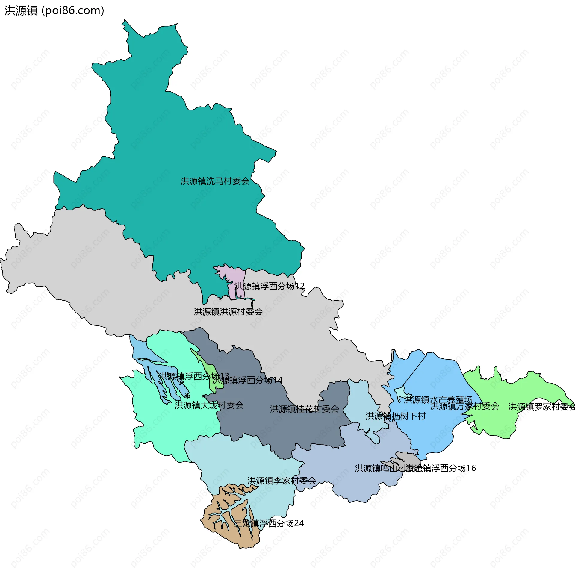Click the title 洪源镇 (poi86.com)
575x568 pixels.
(x=54, y=10)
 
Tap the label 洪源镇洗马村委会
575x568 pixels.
(x=215, y=181)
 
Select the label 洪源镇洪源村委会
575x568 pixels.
(x=228, y=312)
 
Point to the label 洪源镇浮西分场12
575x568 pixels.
(x=269, y=286)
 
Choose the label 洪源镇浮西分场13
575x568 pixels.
(x=193, y=376)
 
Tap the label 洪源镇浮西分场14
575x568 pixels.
(x=247, y=380)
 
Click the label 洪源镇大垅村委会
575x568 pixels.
(x=209, y=405)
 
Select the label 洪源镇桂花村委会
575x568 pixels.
(x=304, y=409)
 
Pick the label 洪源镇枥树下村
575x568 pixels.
(x=395, y=416)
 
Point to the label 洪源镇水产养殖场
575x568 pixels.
(x=438, y=400)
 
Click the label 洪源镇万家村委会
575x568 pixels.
(x=464, y=406)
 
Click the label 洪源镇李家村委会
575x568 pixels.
(x=282, y=481)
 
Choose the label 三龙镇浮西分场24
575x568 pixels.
(x=269, y=523)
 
